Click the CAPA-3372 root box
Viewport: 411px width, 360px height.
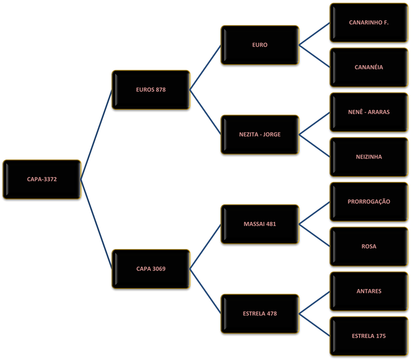click(x=42, y=179)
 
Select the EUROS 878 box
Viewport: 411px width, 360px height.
click(x=151, y=90)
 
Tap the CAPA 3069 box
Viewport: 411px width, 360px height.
click(x=151, y=269)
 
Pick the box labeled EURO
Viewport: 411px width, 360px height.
click(x=260, y=45)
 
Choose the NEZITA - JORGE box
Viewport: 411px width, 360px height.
click(x=260, y=134)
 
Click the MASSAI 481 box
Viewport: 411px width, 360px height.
click(x=260, y=224)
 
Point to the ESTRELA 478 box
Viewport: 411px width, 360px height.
click(x=260, y=314)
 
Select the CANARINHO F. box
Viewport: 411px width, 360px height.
click(x=369, y=23)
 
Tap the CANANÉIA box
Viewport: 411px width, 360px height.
click(x=369, y=67)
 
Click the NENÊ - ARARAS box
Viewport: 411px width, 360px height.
click(x=369, y=112)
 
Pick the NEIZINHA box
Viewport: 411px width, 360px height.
click(x=369, y=157)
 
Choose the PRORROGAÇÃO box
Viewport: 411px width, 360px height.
click(x=369, y=202)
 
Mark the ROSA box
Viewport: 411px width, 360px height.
click(x=369, y=246)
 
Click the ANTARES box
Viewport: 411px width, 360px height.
click(x=369, y=291)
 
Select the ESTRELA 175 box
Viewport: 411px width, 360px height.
click(x=369, y=336)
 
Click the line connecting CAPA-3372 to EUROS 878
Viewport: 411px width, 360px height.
click(x=96, y=134)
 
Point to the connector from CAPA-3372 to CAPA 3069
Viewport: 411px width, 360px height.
click(x=96, y=224)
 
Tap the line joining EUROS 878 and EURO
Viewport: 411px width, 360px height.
click(x=205, y=67)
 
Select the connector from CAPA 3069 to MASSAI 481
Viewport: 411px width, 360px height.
click(x=205, y=246)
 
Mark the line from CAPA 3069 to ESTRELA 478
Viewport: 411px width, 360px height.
click(x=205, y=291)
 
